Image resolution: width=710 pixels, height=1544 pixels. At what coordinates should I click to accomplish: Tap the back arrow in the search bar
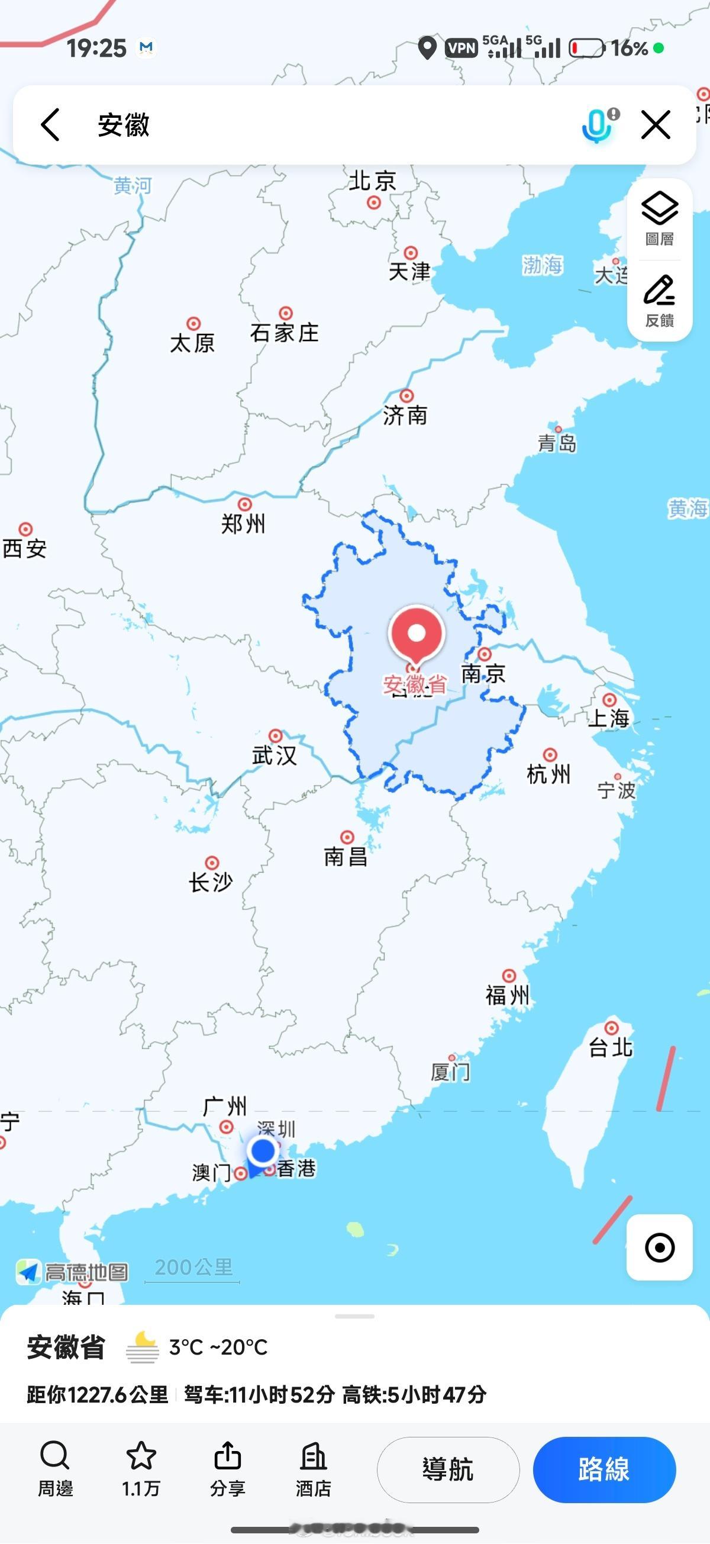point(50,125)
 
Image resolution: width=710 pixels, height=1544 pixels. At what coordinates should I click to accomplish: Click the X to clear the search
point(656,125)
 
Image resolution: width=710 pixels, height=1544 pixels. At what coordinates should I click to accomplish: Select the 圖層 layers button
point(660,219)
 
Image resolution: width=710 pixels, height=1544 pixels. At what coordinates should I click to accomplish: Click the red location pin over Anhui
point(417,634)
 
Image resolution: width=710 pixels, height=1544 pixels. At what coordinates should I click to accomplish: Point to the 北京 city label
point(372,181)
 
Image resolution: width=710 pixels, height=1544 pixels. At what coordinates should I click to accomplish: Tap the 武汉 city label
point(275,755)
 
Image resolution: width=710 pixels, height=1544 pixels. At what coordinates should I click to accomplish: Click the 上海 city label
point(608,718)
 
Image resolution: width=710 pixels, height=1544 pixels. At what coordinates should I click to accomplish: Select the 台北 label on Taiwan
point(611,1047)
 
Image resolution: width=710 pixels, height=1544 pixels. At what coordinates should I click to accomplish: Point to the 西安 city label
point(25,548)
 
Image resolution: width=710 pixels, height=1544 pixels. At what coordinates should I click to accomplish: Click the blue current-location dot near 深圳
point(263,1150)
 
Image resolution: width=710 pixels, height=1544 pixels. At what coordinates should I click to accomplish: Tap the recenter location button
point(660,1247)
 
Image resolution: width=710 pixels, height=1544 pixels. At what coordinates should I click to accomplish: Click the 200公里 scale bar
point(193,1268)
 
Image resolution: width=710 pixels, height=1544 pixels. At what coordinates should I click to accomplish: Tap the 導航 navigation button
point(447,1469)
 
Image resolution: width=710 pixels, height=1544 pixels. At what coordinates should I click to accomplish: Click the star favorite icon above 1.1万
point(141,1455)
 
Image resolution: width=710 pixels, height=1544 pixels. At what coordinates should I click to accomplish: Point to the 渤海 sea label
point(542,264)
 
